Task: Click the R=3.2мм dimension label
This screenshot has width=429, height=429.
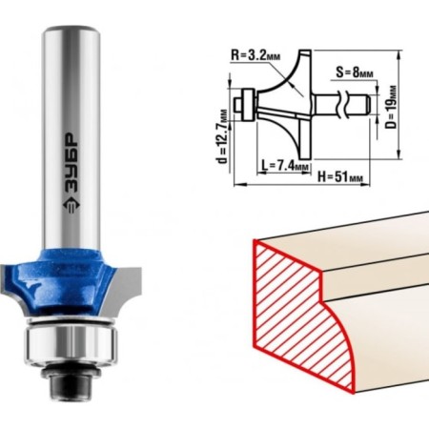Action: coord(255,55)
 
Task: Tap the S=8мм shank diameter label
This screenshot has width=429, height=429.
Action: coord(355,72)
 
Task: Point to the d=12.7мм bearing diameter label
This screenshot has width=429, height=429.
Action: coord(223,136)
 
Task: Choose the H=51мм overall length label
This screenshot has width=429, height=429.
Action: coord(340,176)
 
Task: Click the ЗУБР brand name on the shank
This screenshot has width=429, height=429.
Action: coord(71,164)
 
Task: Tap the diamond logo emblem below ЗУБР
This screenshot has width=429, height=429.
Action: coord(71,206)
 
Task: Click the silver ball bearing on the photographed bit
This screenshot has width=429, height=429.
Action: coord(71,342)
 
